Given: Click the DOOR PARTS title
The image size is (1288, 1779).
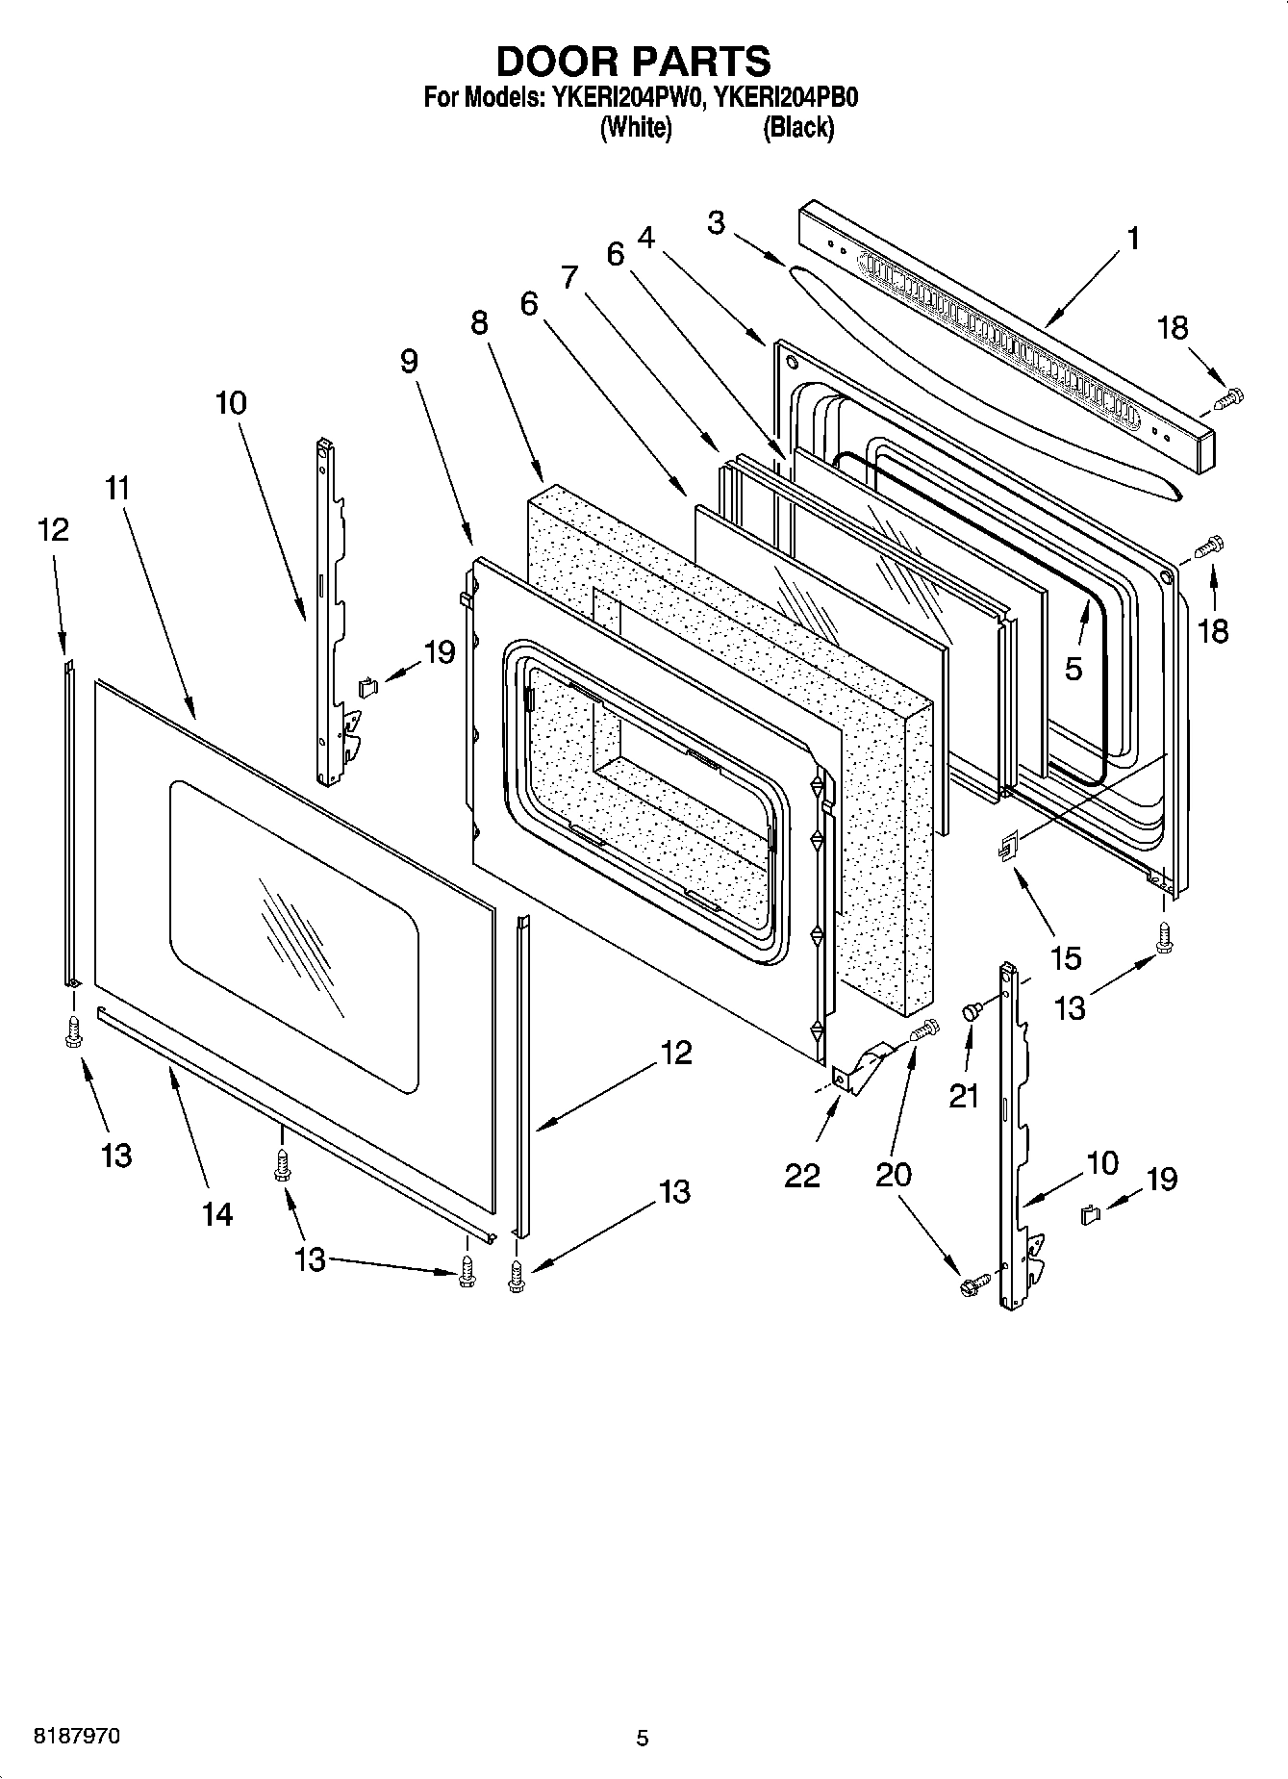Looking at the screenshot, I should click(x=633, y=62).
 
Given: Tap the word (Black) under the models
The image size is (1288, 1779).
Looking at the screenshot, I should click(x=797, y=127).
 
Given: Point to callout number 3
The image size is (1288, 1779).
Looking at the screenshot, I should click(x=716, y=222).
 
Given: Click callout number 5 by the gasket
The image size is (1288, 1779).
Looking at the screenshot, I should click(x=1073, y=668).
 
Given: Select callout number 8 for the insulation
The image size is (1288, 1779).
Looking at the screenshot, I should click(x=479, y=323).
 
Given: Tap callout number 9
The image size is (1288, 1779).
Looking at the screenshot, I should click(x=409, y=361).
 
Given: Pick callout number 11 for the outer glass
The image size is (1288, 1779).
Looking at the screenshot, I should click(x=116, y=488).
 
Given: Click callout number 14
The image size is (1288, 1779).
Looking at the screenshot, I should click(x=217, y=1214).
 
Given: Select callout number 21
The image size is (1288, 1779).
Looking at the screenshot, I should click(x=964, y=1095).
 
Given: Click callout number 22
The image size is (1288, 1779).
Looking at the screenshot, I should click(x=802, y=1175).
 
